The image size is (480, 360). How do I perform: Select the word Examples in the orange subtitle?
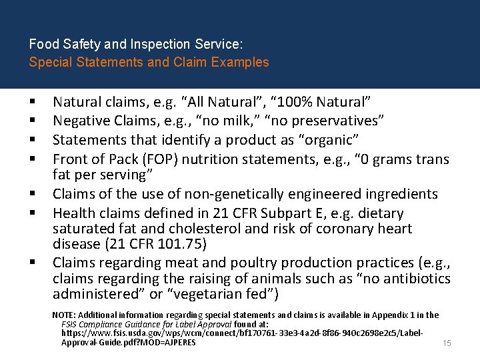click(241, 63)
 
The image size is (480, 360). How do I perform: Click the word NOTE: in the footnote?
click(64, 315)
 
